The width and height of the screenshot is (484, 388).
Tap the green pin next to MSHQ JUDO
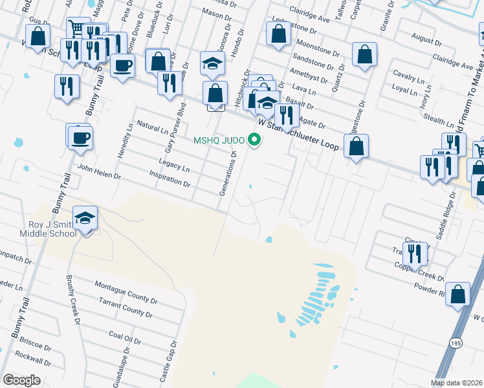[x=255, y=139]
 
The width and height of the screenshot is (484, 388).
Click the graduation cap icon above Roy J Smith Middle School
[x=85, y=218]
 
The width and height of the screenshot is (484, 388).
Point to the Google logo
[x=21, y=380]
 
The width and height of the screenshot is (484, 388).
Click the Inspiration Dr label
[x=170, y=179]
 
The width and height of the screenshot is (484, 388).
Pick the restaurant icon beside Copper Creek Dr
[x=415, y=253]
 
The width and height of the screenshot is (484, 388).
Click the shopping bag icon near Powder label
[x=458, y=294]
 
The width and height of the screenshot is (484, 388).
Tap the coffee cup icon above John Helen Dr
[x=81, y=138]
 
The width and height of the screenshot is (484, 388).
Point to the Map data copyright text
[x=457, y=383]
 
